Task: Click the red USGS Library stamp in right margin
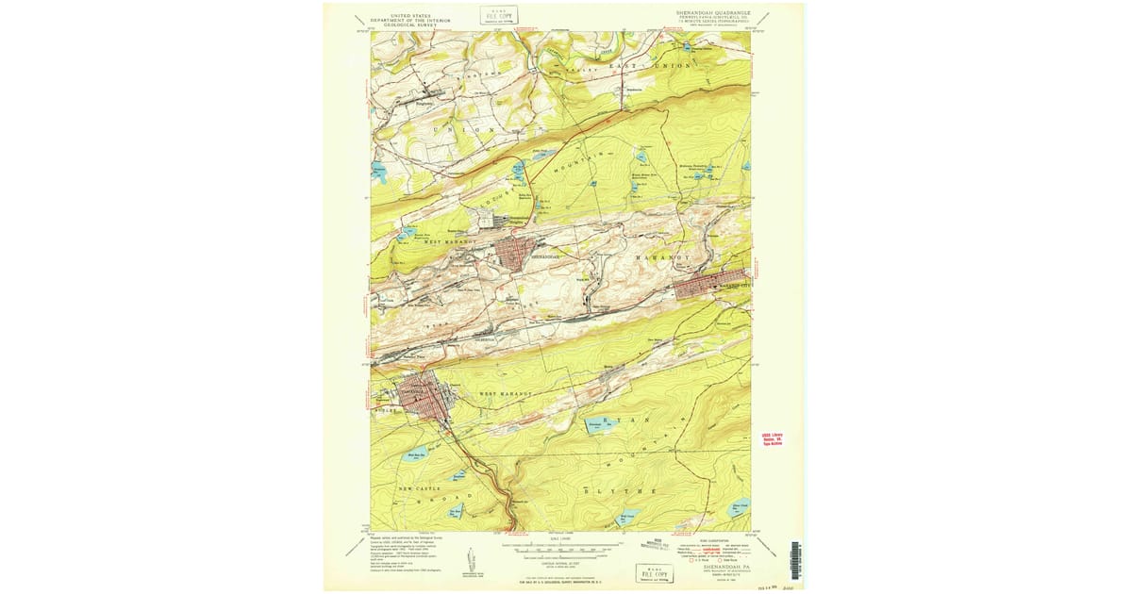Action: [773, 439]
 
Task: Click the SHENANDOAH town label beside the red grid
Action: [545, 256]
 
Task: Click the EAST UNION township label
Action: [651, 66]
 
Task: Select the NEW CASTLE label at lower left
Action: [420, 488]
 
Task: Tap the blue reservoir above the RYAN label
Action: [601, 426]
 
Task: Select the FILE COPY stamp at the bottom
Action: [657, 573]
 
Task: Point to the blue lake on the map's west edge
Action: [378, 171]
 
